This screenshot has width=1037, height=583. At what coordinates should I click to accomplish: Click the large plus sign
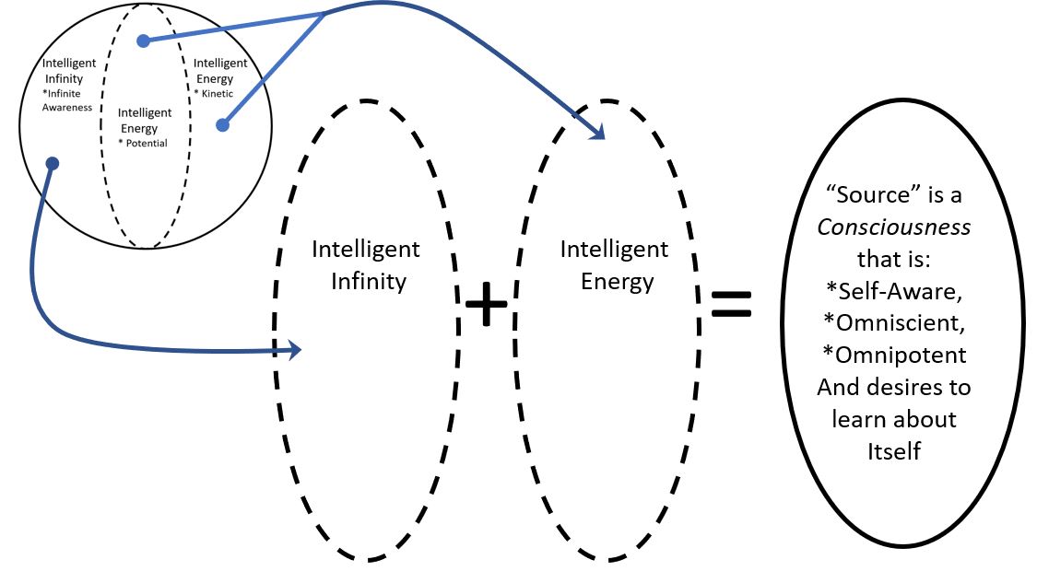click(487, 305)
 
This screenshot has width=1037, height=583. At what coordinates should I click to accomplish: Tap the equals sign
click(732, 305)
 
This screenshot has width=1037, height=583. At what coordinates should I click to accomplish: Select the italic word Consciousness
click(893, 227)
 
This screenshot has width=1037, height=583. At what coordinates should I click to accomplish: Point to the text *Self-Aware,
click(893, 291)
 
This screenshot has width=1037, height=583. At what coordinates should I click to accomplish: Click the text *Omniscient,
click(893, 323)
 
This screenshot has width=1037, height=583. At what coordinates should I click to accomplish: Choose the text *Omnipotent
click(893, 355)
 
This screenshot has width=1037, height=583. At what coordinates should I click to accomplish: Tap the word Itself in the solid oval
click(893, 451)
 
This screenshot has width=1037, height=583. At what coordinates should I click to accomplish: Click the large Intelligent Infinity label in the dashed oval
click(366, 264)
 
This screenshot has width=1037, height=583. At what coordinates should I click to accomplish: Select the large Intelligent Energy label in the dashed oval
click(615, 264)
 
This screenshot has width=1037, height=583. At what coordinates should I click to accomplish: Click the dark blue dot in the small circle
click(53, 164)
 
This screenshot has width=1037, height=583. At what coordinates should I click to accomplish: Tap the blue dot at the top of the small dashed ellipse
click(143, 41)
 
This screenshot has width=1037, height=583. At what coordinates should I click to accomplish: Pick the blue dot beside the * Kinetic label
click(221, 124)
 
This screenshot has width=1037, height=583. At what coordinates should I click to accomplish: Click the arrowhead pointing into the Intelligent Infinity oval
click(294, 350)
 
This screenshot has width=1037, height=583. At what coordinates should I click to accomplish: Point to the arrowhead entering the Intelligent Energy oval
click(598, 133)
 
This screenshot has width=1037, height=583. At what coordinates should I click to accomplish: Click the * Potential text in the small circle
click(143, 143)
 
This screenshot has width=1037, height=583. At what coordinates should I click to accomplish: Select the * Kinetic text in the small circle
click(215, 95)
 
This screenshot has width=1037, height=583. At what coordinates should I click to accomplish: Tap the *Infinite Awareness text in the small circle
click(67, 100)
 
